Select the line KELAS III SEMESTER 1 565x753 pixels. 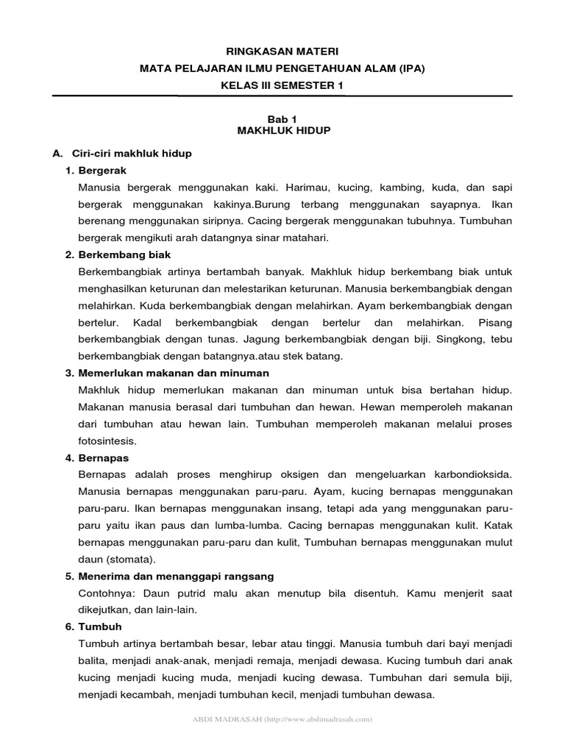282,85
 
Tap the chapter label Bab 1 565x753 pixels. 282,118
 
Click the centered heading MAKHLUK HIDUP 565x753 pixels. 283,130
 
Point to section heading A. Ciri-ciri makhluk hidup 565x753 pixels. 122,153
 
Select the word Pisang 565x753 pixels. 495,323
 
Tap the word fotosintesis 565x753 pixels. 105,441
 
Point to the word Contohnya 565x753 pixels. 102,593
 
